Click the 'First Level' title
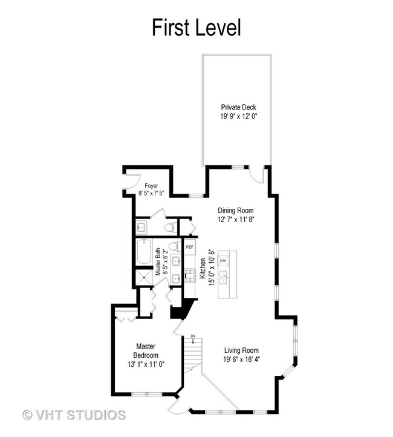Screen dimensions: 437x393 pos(196,27)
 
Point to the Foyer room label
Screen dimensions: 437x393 pos(151,185)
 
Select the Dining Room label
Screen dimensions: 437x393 pos(236,211)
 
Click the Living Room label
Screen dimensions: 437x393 pos(241,350)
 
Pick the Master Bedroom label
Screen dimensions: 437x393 pos(146,350)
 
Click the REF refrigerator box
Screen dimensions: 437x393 pos(190,248)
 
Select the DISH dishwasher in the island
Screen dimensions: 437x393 pos(223,261)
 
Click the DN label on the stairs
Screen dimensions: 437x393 pos(193,336)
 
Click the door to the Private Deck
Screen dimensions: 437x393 pos(258,174)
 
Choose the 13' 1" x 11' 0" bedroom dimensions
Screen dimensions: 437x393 pos(146,364)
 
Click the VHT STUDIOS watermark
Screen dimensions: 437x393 pos(74,415)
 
